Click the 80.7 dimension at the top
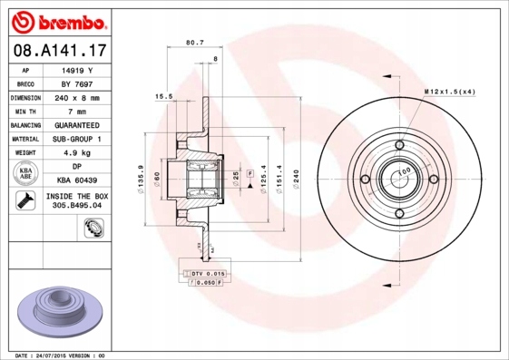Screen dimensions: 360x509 point(193,42)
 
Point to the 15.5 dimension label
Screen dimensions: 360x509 point(164,95)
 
